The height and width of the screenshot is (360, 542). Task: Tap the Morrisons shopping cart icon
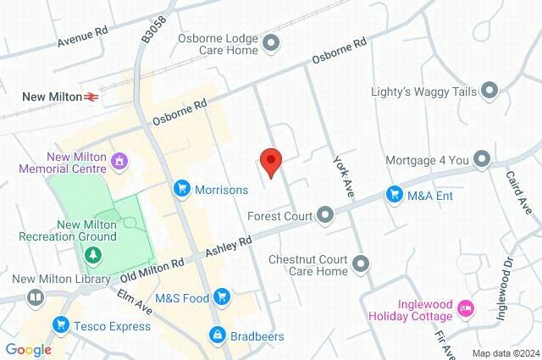tap(181, 190)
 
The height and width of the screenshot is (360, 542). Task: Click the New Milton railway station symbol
tap(90, 97)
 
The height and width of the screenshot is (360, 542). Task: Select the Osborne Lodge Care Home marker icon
tap(272, 42)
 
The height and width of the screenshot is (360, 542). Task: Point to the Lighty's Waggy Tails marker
tap(489, 91)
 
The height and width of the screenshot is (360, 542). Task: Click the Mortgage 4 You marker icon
tap(482, 158)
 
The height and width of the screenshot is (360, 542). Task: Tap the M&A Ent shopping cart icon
tap(394, 195)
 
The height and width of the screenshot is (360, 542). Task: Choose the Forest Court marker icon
tap(325, 217)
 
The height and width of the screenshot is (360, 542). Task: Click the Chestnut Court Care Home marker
tap(362, 265)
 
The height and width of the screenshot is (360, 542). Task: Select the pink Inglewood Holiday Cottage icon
tap(465, 309)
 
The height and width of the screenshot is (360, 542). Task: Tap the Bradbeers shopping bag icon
tap(218, 336)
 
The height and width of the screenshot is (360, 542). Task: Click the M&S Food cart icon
tap(222, 296)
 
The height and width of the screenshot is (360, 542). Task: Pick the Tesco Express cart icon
tap(60, 324)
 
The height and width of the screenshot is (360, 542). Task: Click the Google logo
tap(28, 349)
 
